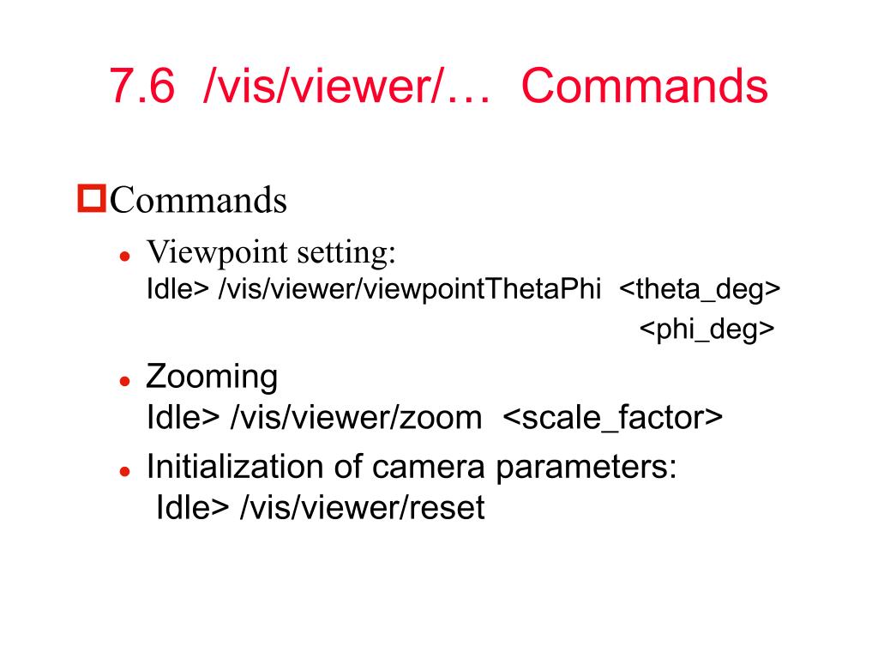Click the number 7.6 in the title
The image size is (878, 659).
click(144, 88)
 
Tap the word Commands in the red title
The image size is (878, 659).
click(644, 88)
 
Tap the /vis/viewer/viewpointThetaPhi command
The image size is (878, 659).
click(410, 290)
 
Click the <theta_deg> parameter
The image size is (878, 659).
click(699, 290)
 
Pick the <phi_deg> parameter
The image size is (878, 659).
click(707, 329)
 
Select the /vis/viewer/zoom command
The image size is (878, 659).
click(356, 418)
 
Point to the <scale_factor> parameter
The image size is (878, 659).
click(612, 418)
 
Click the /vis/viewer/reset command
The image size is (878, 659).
click(363, 508)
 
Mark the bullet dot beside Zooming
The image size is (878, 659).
click(124, 381)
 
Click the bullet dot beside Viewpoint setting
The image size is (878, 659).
click(124, 257)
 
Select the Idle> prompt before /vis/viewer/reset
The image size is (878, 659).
click(193, 508)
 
